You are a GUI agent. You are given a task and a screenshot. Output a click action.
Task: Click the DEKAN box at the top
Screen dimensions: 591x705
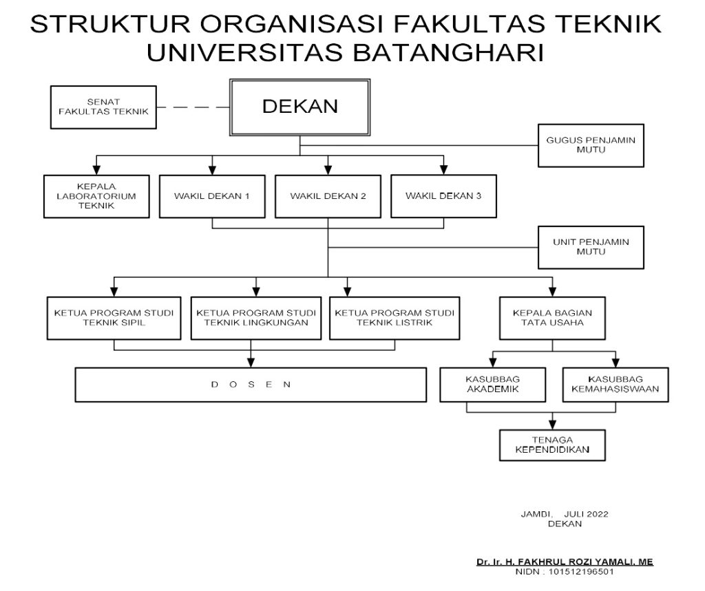coord(299,107)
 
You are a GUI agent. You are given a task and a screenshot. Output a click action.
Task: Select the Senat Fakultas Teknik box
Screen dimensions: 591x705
coord(104,107)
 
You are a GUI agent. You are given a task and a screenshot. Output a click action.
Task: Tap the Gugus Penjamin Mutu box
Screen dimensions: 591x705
coord(591,144)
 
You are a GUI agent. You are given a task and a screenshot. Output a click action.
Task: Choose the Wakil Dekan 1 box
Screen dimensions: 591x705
coord(212,195)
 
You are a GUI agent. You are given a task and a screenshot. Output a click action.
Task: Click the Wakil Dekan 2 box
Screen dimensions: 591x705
coord(328,195)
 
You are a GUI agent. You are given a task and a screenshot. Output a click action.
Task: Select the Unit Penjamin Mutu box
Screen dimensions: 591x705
coord(591,247)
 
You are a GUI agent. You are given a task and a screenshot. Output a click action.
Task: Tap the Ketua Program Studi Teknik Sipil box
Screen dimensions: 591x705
coord(114,318)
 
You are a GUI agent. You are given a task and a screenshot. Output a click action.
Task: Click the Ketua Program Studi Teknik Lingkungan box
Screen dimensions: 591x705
coord(256,318)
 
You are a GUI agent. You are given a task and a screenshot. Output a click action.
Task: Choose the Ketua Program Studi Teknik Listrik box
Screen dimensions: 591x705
coord(395,318)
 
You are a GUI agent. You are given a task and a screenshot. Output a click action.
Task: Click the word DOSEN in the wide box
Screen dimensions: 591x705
coord(251,385)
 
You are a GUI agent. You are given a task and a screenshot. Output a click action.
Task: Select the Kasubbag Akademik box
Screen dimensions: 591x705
coord(492,385)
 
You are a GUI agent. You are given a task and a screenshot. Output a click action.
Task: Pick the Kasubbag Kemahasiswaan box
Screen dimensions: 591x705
coord(615,385)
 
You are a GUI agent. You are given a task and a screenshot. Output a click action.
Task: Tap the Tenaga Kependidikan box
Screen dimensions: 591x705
coord(552,445)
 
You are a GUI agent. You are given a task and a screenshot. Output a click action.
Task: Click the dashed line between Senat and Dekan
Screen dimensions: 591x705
coord(193,107)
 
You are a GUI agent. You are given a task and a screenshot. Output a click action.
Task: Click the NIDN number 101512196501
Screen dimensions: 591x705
coord(580,571)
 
